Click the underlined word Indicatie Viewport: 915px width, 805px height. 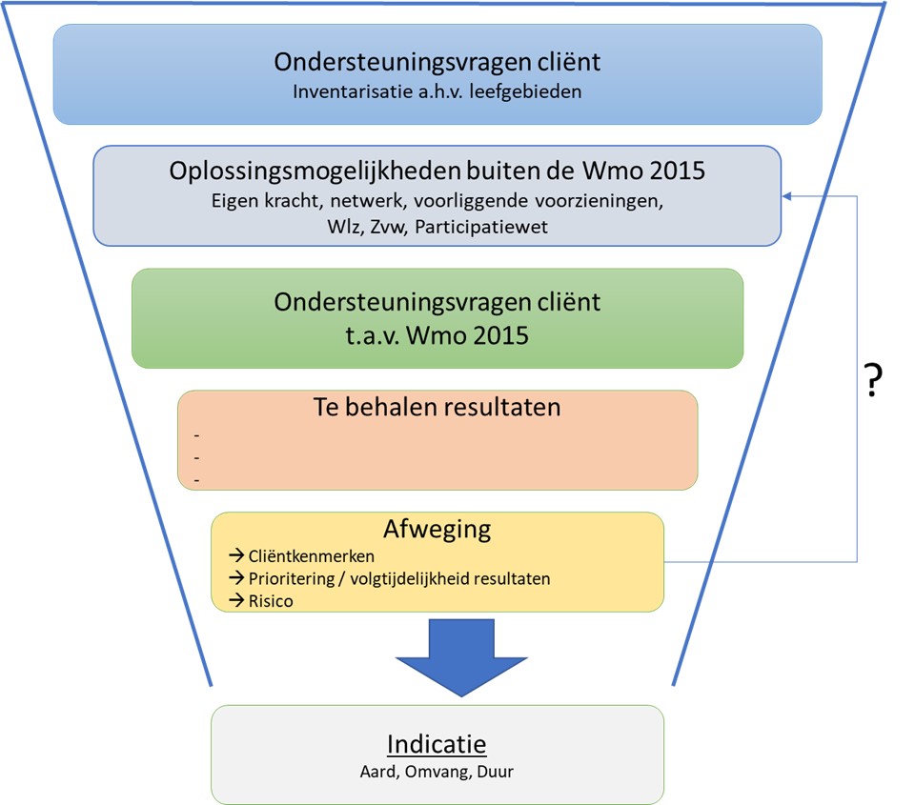tap(437, 744)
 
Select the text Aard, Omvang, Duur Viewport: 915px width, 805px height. tap(437, 772)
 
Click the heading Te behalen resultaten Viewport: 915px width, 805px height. tap(437, 407)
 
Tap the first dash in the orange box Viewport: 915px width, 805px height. tap(196, 436)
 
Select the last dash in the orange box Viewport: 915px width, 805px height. tap(196, 480)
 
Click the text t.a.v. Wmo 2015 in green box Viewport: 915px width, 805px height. tap(437, 336)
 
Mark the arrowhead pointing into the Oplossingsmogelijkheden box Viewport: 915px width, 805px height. tap(788, 196)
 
